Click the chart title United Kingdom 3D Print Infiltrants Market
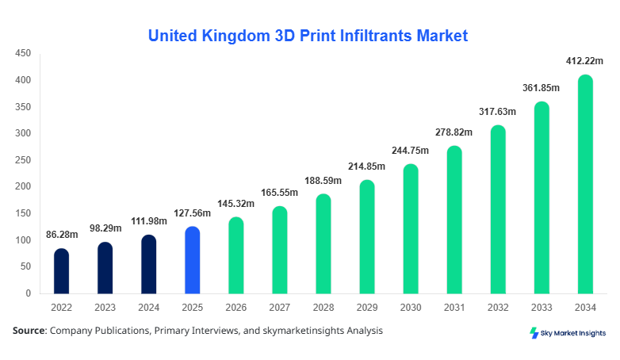[x=308, y=36]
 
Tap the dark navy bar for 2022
[x=62, y=272]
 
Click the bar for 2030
[x=411, y=230]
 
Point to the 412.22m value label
[x=584, y=61]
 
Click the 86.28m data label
[x=62, y=236]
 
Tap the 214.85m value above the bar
[x=367, y=167]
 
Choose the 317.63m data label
[x=497, y=112]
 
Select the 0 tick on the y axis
[x=28, y=293]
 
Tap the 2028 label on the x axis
[x=323, y=307]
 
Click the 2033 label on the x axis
[x=541, y=307]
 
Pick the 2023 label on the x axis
[x=105, y=307]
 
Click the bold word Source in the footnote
[x=29, y=330]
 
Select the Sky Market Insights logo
[x=567, y=333]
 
